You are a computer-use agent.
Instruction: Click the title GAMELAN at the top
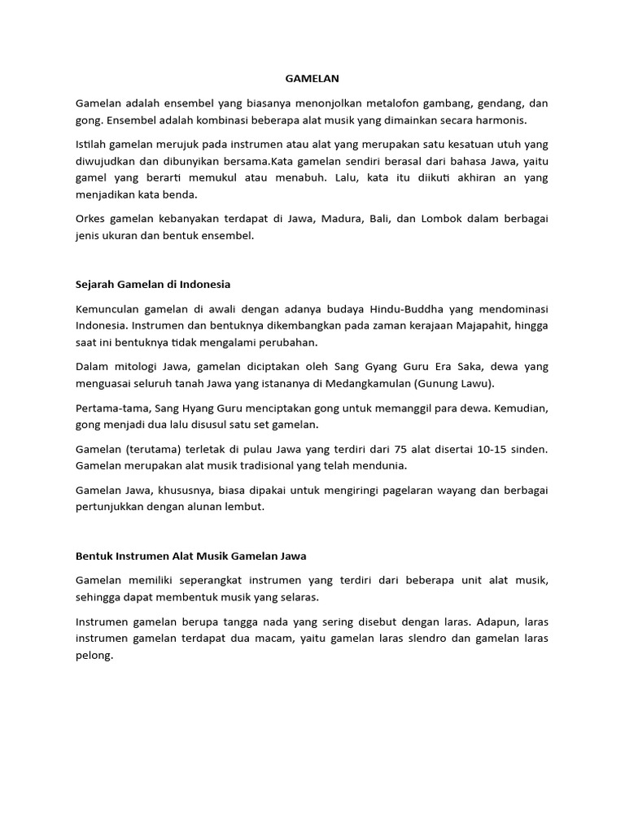tap(312, 79)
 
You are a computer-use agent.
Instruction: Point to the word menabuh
tap(309, 177)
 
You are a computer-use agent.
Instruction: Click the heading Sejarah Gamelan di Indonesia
tap(153, 284)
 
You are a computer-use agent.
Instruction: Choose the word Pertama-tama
tap(107, 408)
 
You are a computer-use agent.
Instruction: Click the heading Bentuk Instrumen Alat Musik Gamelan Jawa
tap(190, 556)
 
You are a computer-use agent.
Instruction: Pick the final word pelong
tap(94, 655)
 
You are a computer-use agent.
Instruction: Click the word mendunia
tap(379, 466)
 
